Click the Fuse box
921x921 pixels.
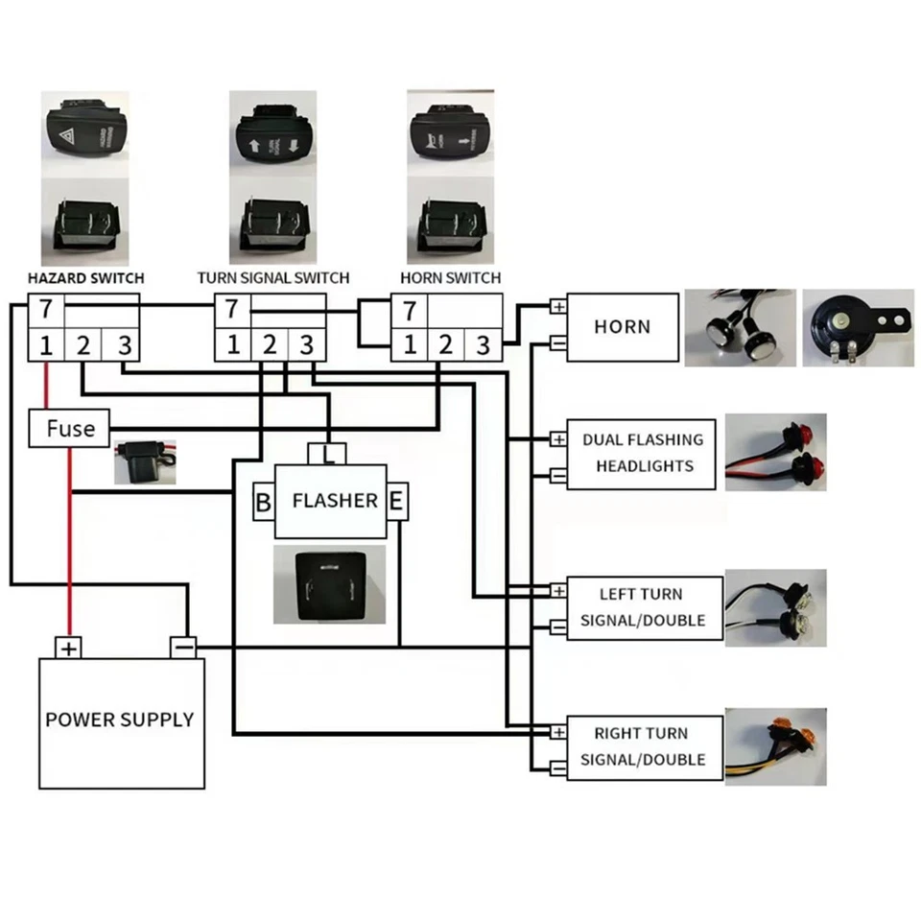[68, 428]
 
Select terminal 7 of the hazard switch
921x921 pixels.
[45, 311]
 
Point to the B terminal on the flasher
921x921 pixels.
[262, 502]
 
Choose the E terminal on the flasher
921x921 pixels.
[396, 501]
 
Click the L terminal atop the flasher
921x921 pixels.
[328, 452]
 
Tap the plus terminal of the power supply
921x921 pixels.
[69, 649]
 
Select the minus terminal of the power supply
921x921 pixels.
[184, 648]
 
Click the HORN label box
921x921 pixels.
[622, 327]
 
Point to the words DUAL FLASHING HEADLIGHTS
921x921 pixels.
[642, 453]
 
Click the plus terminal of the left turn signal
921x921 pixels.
[557, 590]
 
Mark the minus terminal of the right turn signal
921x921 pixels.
[557, 767]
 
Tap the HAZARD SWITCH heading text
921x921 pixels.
[85, 278]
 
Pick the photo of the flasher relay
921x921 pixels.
[321, 585]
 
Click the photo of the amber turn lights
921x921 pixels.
[776, 745]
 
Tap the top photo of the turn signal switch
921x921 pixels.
[272, 134]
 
